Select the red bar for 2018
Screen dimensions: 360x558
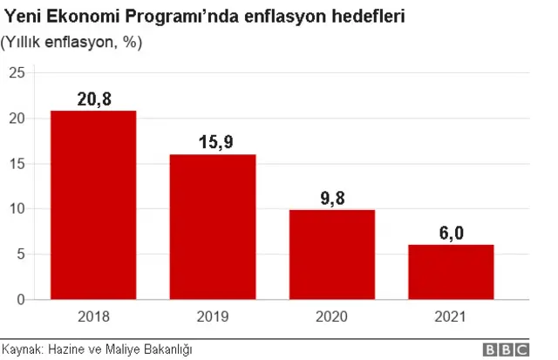click(x=93, y=205)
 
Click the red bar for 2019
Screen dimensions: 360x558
click(x=213, y=227)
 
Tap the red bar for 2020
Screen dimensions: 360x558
click(x=332, y=255)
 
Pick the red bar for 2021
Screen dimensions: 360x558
click(x=451, y=272)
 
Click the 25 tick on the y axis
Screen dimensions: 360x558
click(x=16, y=73)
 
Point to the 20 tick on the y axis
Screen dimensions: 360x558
click(x=16, y=119)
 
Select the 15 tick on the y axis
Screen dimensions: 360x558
click(x=16, y=164)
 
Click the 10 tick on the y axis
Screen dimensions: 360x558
click(x=16, y=209)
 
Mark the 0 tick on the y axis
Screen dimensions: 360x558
click(x=19, y=300)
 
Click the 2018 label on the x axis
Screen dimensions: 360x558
click(x=93, y=317)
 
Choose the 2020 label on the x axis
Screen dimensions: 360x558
click(x=332, y=317)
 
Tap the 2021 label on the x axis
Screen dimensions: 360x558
click(x=451, y=317)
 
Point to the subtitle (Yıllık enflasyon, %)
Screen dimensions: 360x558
click(x=71, y=42)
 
